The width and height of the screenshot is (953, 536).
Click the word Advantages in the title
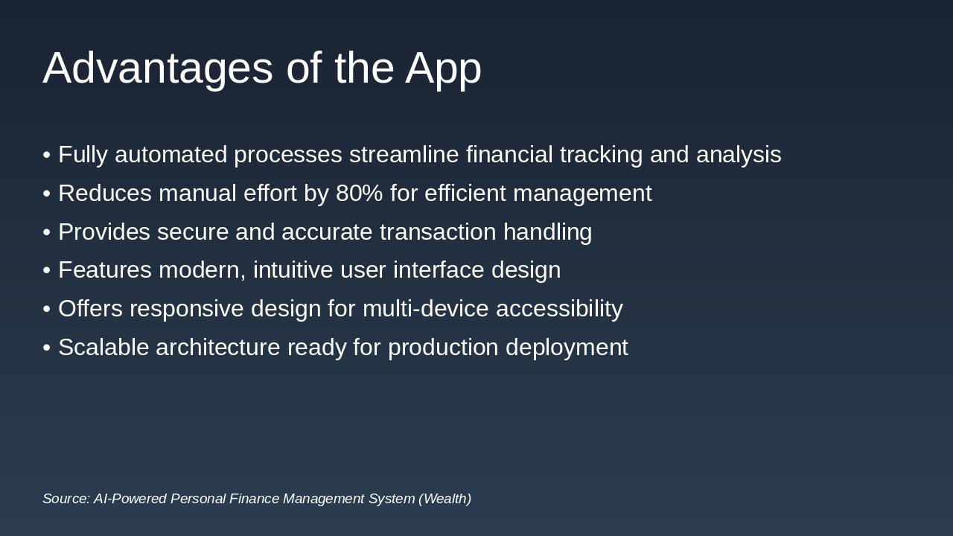click(158, 68)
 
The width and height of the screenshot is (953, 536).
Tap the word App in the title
click(443, 68)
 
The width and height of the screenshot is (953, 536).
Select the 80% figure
click(359, 194)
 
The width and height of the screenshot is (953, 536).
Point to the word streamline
click(404, 155)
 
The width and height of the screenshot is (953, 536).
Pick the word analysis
click(738, 155)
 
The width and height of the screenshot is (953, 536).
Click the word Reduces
click(105, 194)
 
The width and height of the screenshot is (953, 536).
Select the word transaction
click(438, 232)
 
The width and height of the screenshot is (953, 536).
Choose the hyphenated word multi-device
click(425, 309)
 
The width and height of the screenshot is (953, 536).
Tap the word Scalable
click(103, 348)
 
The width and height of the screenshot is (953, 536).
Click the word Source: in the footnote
click(66, 499)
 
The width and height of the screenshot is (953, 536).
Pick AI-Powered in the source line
click(130, 499)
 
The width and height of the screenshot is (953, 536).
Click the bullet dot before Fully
click(47, 156)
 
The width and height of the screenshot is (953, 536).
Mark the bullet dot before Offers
click(47, 310)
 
